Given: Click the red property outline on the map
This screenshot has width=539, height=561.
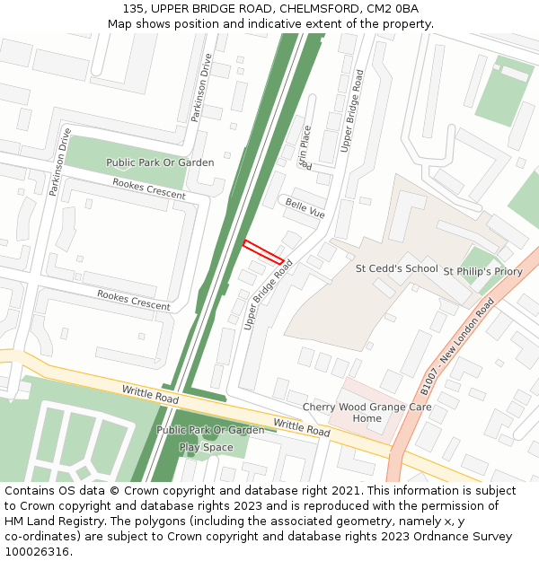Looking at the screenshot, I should click(263, 251).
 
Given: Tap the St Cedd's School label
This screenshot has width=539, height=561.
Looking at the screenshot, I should click(396, 268).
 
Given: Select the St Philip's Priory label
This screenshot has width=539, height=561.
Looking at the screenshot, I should click(482, 271).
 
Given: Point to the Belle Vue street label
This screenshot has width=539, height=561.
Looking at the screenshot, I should click(305, 208).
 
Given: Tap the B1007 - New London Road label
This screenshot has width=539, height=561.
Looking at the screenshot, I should click(458, 346).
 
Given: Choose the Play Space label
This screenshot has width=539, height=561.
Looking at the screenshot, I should click(206, 447).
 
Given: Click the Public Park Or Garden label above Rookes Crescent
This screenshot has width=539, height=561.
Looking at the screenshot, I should click(160, 162).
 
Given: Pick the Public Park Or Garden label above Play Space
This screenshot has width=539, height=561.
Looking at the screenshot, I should click(210, 430).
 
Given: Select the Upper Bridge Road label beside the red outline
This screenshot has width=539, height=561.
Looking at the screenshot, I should click(269, 295).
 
